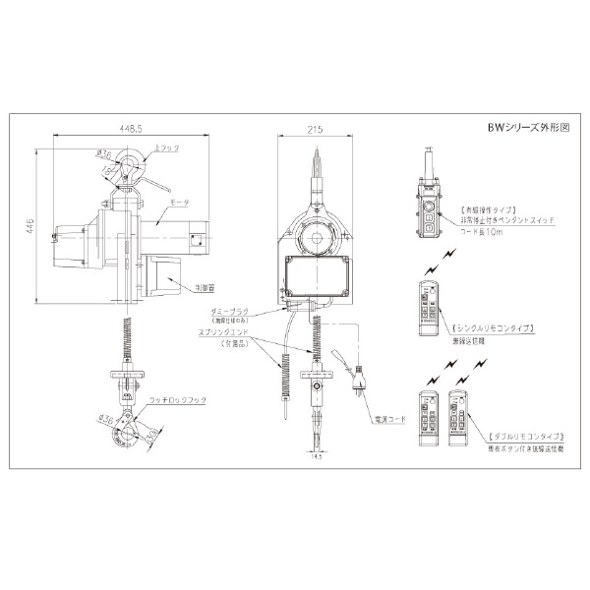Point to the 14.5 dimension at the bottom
tap(317, 456)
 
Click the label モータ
tap(180, 201)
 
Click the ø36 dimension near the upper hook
tap(102, 153)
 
